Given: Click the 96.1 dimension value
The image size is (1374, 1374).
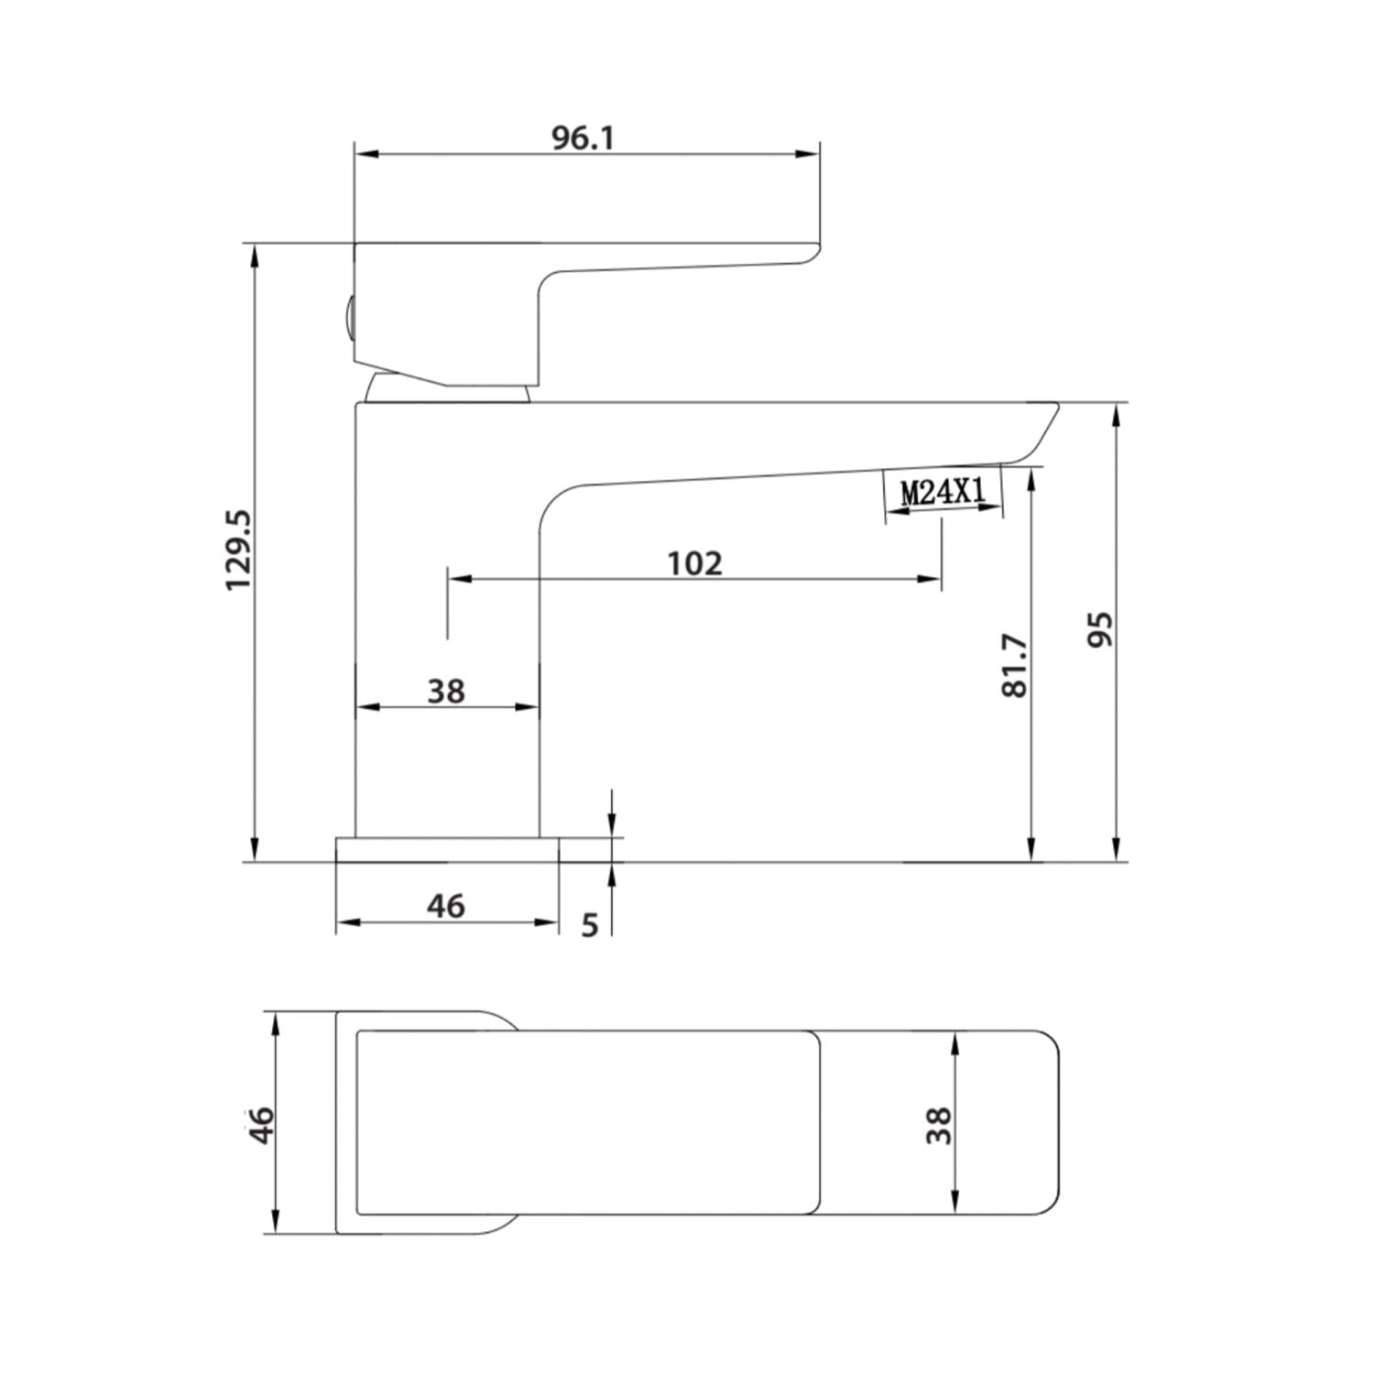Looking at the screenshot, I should (x=583, y=138).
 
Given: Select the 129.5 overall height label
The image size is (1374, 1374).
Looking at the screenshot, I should (x=240, y=551).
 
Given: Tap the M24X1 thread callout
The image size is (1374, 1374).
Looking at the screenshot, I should (x=943, y=493).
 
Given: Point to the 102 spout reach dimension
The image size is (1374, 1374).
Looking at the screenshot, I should (x=694, y=563).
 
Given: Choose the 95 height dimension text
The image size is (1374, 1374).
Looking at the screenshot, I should (x=1100, y=629).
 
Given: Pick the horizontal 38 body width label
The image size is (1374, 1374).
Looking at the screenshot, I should (x=446, y=691).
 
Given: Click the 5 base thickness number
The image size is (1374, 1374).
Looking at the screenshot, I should (x=590, y=925).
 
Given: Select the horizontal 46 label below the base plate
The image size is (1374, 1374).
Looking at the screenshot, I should (x=446, y=906).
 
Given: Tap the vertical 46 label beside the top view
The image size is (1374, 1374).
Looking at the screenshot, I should (x=262, y=1124).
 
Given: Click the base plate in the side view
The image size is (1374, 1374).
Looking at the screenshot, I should (x=447, y=849).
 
